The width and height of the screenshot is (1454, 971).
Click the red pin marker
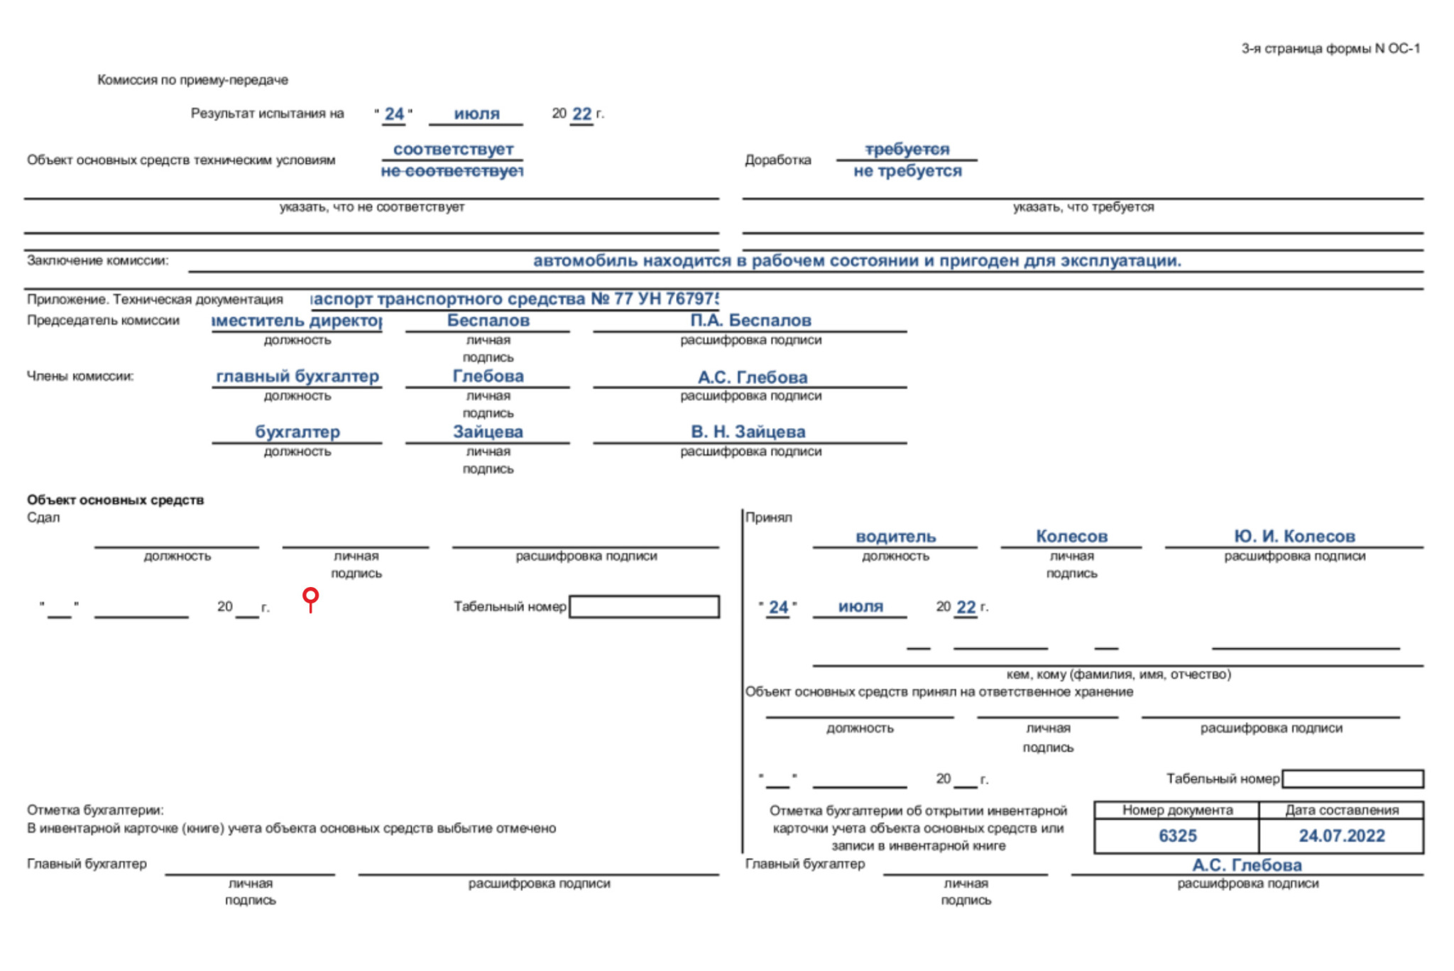pyautogui.click(x=310, y=598)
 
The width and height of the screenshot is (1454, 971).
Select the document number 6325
pyautogui.click(x=1177, y=836)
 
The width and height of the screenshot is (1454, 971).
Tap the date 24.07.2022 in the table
pyautogui.click(x=1341, y=836)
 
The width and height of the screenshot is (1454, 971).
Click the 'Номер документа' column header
pyautogui.click(x=1177, y=810)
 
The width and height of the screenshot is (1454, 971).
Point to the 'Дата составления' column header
pyautogui.click(x=1341, y=810)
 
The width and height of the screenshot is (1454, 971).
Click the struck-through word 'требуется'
pyautogui.click(x=907, y=149)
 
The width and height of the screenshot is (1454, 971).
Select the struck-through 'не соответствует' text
pyautogui.click(x=452, y=171)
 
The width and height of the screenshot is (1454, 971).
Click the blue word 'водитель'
pyautogui.click(x=895, y=537)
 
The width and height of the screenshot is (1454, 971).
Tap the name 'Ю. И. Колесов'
pyautogui.click(x=1294, y=537)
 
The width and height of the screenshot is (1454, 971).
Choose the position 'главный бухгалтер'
pyautogui.click(x=297, y=376)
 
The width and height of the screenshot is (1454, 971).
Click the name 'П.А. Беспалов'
pyautogui.click(x=750, y=321)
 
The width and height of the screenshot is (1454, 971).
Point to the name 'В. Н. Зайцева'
pyautogui.click(x=748, y=432)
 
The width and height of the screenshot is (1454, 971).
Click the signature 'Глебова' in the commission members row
pyautogui.click(x=488, y=376)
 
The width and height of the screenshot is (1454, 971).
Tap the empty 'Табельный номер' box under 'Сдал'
pyautogui.click(x=644, y=607)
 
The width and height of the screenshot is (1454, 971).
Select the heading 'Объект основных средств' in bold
pyautogui.click(x=115, y=500)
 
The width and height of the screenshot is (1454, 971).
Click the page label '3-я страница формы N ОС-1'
pyautogui.click(x=1330, y=48)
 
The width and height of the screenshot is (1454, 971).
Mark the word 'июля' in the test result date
pyautogui.click(x=476, y=114)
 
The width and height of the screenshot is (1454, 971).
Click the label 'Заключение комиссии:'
pyautogui.click(x=98, y=260)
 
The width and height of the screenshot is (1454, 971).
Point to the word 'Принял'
pyautogui.click(x=768, y=517)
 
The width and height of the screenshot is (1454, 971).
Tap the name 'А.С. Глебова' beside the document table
pyautogui.click(x=1247, y=865)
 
